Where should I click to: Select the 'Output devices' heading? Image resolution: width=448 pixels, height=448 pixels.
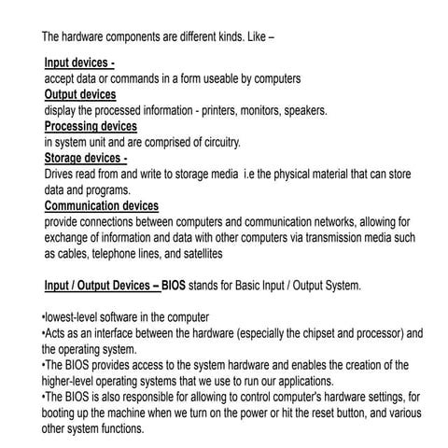[x=80, y=94]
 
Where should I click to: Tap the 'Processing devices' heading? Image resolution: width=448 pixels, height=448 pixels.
[x=91, y=126]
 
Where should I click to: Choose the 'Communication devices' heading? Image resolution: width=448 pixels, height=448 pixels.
[x=102, y=205]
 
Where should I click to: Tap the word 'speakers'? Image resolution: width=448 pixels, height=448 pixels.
[x=329, y=110]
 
